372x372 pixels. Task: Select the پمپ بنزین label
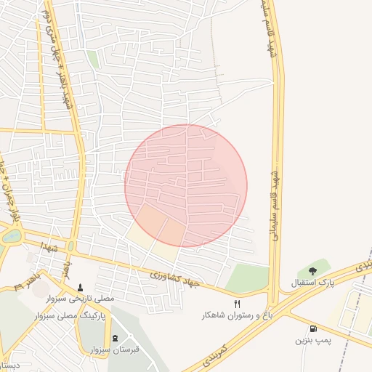coord(312,340)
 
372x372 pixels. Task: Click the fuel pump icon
coord(312,328)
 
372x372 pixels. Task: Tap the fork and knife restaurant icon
coord(237,304)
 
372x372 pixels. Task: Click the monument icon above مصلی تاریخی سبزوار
coord(80,287)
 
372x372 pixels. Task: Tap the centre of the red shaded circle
coord(186,186)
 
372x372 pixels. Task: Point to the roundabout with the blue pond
coord(12,236)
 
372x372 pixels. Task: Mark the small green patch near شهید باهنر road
coord(93,59)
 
